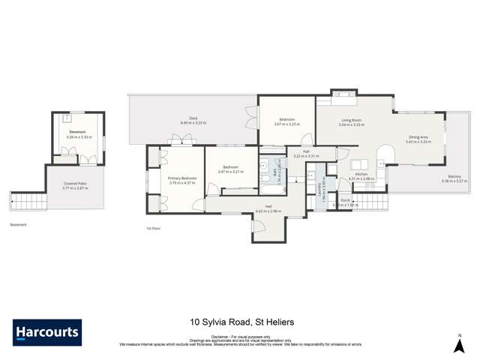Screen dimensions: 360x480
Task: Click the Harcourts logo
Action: [47, 332]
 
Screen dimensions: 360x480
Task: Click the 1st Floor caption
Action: [154, 228]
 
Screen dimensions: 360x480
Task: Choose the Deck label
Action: [193, 118]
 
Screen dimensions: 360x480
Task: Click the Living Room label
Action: [352, 120]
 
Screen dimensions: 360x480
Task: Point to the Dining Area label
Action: [417, 137]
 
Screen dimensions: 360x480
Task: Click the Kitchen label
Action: [361, 175]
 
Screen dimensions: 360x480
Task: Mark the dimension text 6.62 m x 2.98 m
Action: [268, 211]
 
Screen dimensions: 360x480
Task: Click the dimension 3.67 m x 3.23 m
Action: [287, 124]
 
